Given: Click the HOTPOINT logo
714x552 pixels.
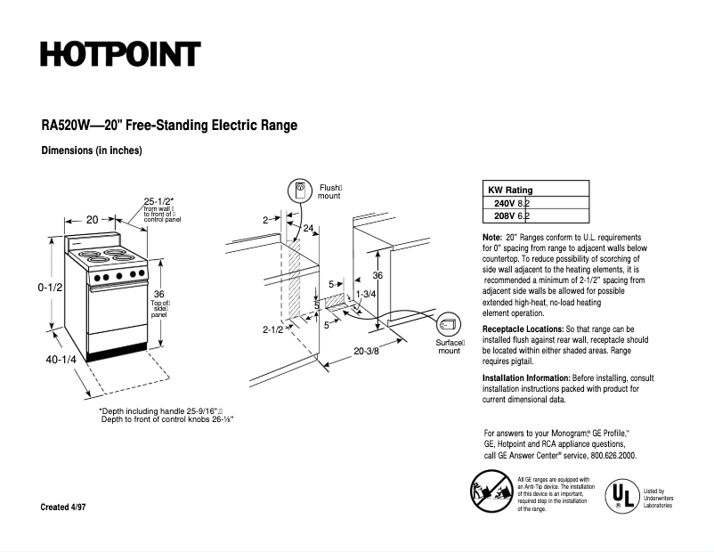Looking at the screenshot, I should pos(120,54).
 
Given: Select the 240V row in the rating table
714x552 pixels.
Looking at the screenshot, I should pos(512,203).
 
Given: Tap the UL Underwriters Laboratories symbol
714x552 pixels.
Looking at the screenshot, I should pos(622,493).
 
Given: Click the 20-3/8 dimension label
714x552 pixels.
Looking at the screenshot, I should pos(366,351).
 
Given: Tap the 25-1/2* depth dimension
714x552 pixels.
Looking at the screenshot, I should pos(159,200).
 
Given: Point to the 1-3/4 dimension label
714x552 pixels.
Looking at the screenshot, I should pos(365,294).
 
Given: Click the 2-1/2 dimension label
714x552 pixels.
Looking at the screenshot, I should pos(272,330).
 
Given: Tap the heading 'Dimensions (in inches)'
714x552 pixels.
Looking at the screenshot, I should pos(92,150).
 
